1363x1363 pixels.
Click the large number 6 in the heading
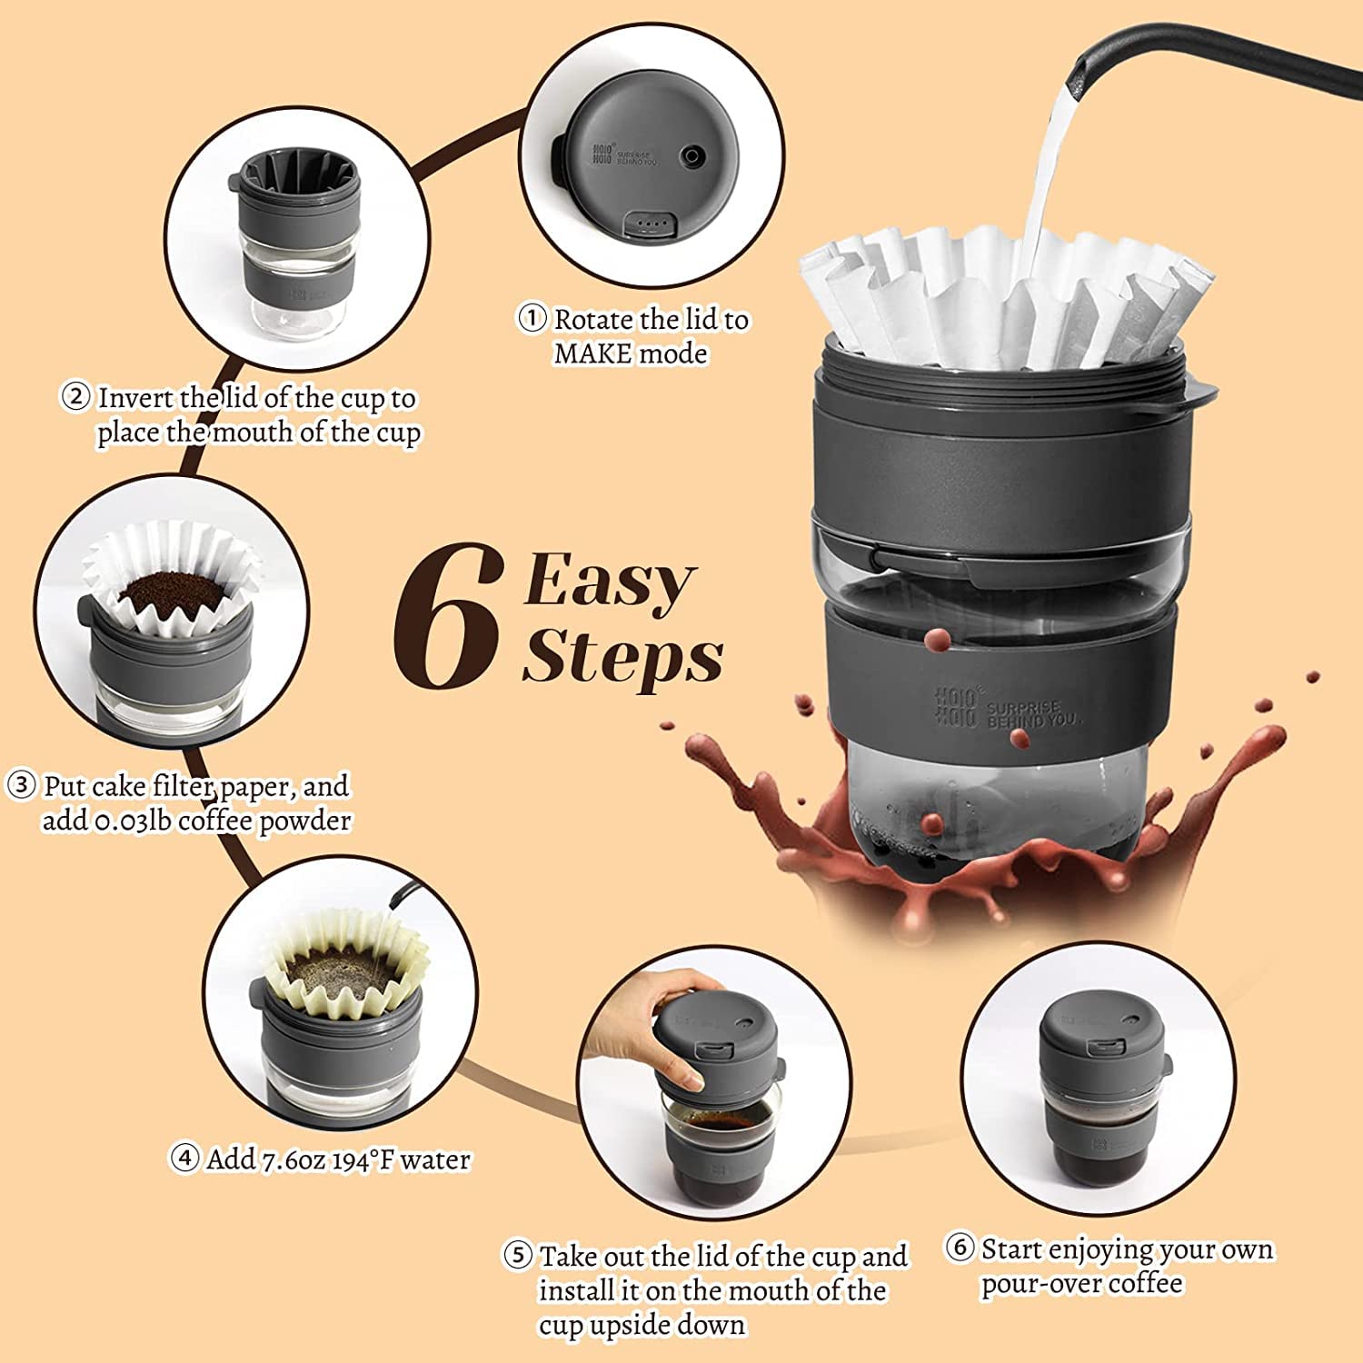pos(448,618)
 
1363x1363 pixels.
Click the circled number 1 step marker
pos(532,318)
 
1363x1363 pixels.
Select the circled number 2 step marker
pos(75,397)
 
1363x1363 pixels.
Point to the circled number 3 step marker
pos(21,785)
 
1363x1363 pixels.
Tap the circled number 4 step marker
pos(184,1159)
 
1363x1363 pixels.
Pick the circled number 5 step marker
pos(517,1256)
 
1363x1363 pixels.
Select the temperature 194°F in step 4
pos(363,1160)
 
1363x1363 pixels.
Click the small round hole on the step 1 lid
pos(693,154)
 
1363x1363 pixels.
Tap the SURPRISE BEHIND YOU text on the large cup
pos(1033,713)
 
